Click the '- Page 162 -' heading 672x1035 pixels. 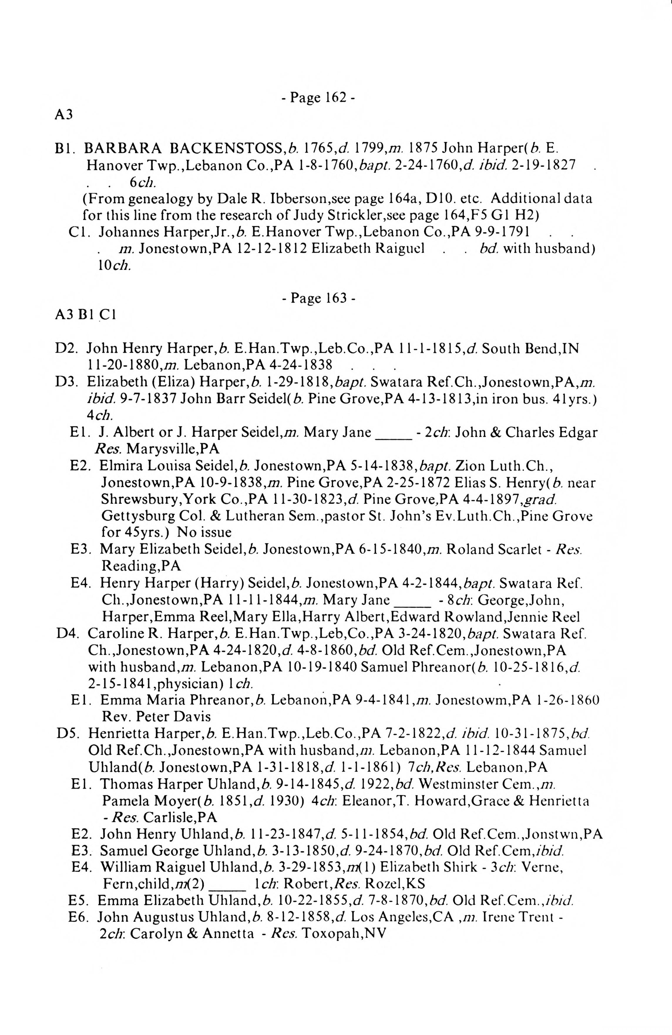pyautogui.click(x=318, y=97)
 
